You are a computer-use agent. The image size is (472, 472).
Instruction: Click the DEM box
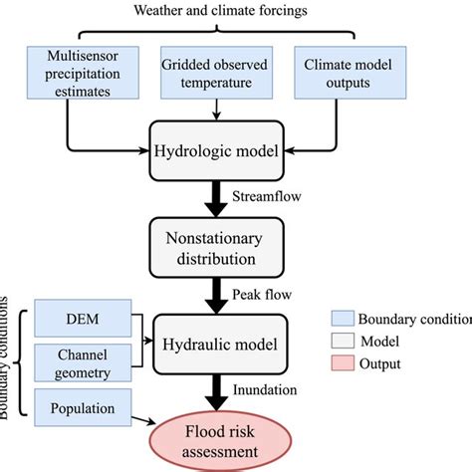click(x=81, y=320)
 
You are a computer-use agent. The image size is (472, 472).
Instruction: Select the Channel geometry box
click(x=81, y=363)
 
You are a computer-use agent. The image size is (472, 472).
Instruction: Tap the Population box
click(x=81, y=409)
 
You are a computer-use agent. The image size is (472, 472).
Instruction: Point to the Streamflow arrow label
click(x=265, y=196)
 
